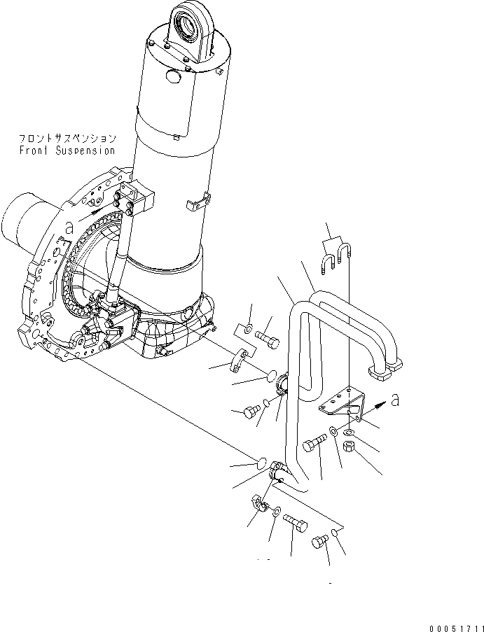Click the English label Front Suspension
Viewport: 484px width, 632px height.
[x=67, y=150]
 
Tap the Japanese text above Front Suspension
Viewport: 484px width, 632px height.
[x=67, y=139]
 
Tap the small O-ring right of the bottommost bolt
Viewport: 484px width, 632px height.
[x=336, y=534]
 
